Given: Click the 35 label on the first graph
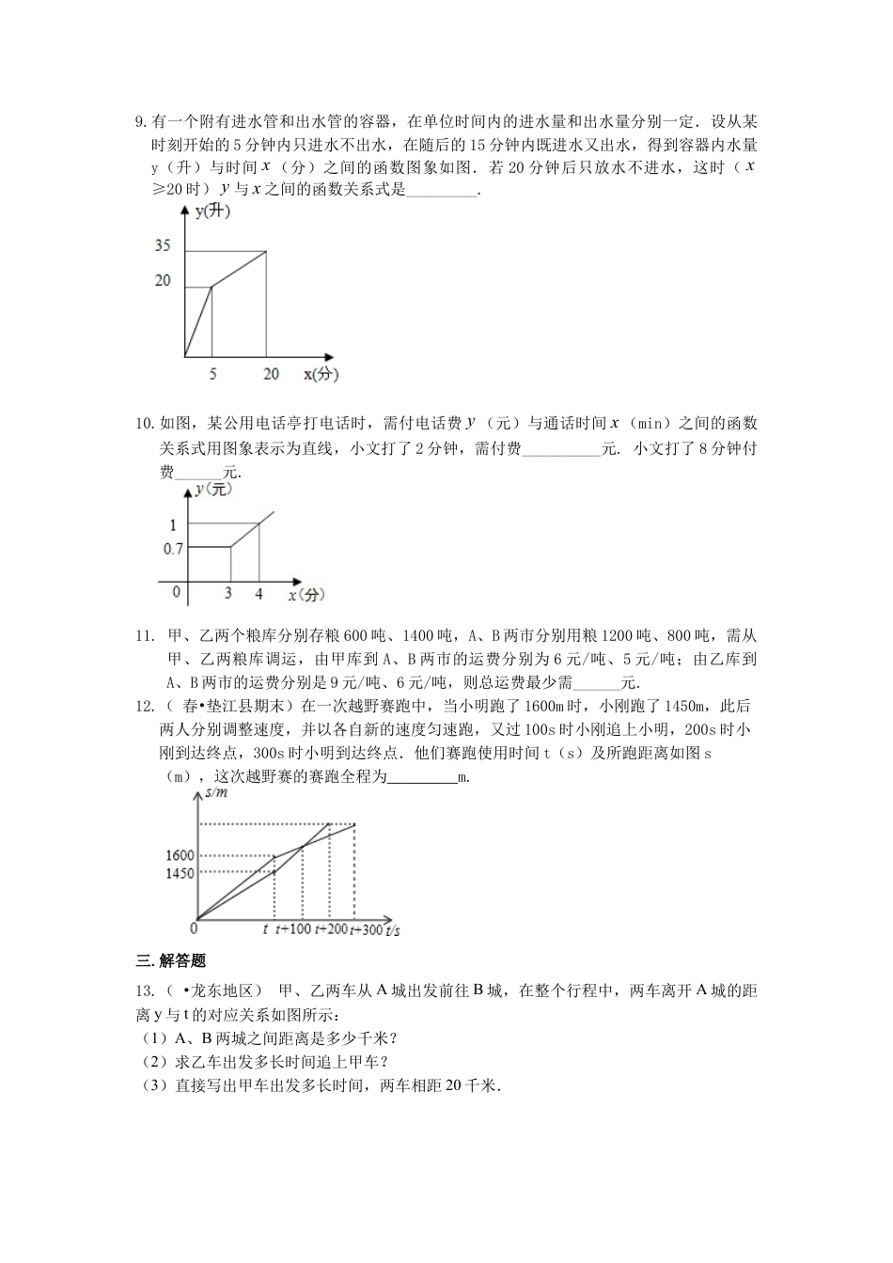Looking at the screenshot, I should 163,246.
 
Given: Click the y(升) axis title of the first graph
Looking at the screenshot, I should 212,211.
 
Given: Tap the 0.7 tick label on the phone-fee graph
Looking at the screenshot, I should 173,548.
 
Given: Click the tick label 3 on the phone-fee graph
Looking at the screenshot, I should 228,594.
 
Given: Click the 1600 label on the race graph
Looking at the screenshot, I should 179,855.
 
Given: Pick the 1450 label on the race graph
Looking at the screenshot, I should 179,873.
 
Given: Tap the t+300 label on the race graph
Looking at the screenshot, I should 367,929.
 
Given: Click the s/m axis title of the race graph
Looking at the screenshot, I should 217,795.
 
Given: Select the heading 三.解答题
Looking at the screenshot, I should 171,960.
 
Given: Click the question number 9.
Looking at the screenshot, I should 141,121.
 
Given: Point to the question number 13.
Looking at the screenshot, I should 144,990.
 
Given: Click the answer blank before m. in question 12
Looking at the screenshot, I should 421,777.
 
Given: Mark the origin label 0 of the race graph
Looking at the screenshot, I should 193,928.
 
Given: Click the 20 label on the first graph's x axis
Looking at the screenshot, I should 271,374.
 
